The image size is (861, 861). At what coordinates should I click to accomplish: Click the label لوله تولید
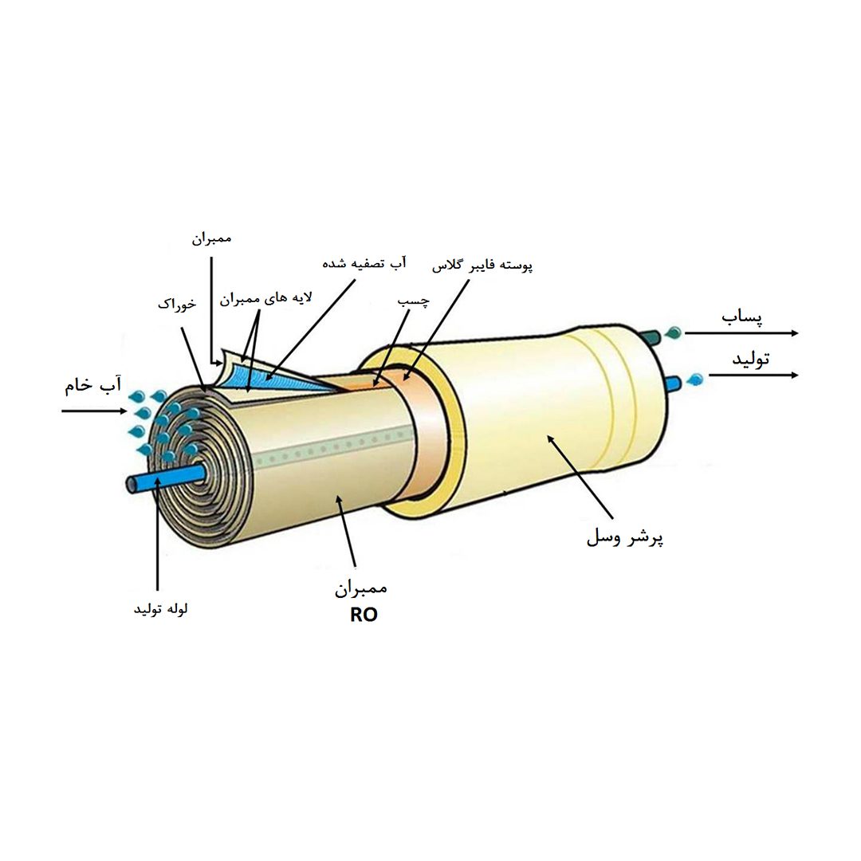(160, 609)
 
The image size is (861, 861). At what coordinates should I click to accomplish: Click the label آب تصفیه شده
(364, 261)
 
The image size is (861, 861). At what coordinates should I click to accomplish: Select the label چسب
(414, 302)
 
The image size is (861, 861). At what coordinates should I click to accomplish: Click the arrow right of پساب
(741, 332)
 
